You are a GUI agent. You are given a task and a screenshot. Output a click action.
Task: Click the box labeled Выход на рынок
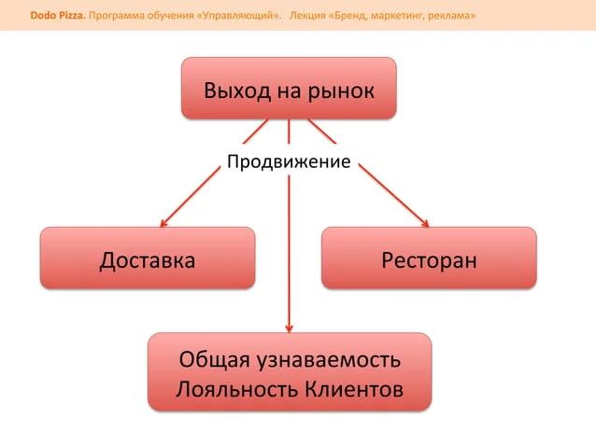click(x=289, y=88)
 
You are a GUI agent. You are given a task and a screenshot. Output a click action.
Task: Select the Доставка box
click(x=148, y=258)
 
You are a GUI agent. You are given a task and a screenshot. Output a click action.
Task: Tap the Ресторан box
click(x=429, y=258)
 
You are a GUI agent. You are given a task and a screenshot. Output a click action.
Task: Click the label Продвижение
click(x=289, y=161)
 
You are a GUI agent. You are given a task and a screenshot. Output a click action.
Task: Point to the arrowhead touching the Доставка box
click(x=163, y=224)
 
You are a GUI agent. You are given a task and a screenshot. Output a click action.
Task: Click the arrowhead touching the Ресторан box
click(x=425, y=223)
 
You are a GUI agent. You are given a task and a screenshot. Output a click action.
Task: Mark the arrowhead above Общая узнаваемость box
click(x=289, y=328)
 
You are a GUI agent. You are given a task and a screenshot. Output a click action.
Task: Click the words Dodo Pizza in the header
click(x=58, y=16)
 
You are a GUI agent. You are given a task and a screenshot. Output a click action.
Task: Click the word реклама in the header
click(x=452, y=16)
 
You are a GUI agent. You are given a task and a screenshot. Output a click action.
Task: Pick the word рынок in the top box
click(x=341, y=91)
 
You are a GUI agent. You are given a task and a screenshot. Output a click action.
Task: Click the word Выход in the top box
click(x=237, y=91)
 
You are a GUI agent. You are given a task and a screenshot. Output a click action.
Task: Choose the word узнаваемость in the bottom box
click(x=329, y=360)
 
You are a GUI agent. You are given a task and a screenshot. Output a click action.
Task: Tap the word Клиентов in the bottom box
click(x=354, y=389)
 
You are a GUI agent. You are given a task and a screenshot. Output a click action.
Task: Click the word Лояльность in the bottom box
click(x=237, y=389)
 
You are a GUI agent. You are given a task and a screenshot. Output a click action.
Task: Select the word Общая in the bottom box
click(x=214, y=360)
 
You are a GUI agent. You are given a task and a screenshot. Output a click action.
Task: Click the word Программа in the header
click(x=112, y=16)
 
